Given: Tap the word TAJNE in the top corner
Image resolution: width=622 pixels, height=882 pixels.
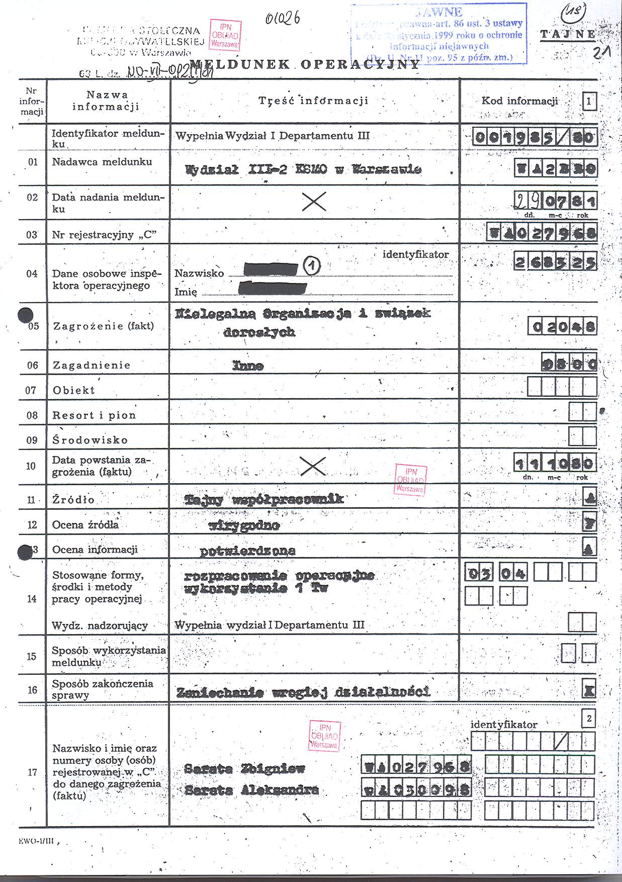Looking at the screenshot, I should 567,34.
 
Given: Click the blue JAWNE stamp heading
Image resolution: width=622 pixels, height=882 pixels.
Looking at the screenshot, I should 439,12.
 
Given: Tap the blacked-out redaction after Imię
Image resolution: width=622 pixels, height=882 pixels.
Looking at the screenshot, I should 273,288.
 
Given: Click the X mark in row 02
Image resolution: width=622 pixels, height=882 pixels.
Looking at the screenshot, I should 314,202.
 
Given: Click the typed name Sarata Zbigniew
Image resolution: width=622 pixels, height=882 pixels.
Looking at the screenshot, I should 245,768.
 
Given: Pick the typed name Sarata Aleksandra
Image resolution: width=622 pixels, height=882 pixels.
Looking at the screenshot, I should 251,790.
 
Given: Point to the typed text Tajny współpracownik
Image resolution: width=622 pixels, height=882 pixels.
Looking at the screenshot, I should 264,499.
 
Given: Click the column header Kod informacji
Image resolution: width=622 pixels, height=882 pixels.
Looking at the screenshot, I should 519,101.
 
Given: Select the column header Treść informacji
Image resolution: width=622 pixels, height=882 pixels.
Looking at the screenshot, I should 313,101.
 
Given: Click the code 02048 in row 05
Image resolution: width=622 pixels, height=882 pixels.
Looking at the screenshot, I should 563,327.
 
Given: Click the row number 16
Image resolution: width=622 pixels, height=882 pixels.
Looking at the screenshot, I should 32,690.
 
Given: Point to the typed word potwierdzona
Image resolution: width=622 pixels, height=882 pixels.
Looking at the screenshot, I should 247,551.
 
